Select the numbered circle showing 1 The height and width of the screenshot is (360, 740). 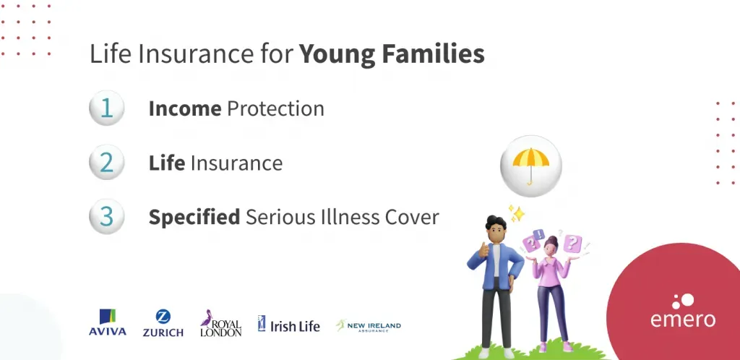point(107,108)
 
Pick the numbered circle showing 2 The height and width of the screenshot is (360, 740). point(107,163)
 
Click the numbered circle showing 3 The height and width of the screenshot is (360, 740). point(107,217)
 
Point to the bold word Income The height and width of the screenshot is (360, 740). point(185,108)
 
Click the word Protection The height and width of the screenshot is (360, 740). point(275,108)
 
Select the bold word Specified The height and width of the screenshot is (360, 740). point(194,218)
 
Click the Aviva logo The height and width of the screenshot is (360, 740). point(108,322)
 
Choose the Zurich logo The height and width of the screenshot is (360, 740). point(163,323)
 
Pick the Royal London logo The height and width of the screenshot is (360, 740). point(220,323)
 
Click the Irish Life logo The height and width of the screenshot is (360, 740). point(289,324)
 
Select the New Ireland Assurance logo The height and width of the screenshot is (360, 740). point(368,325)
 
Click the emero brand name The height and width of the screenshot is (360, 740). point(683,319)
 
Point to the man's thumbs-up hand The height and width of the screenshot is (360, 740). point(483,249)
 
